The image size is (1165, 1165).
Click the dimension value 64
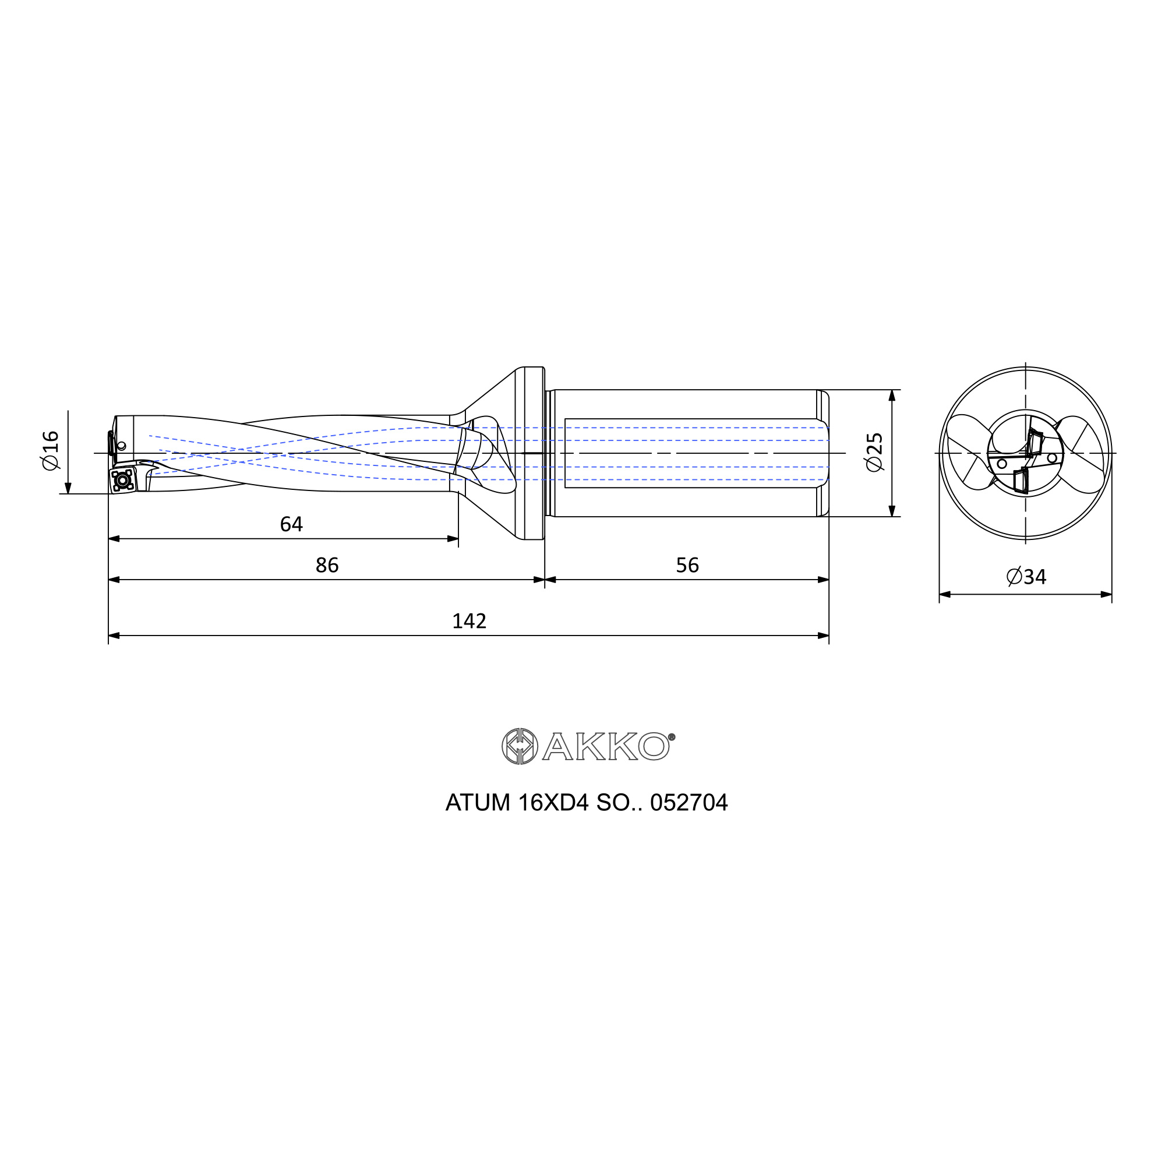pos(291,524)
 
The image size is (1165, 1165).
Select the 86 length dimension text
pos(327,565)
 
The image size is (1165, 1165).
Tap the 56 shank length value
pos(687,565)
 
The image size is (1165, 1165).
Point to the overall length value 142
pos(469,621)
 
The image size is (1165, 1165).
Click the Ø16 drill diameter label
pos(51,450)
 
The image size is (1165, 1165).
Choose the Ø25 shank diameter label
pos(874,452)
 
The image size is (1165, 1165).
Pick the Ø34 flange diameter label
pos(1026,577)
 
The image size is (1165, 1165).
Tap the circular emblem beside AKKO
pos(519,746)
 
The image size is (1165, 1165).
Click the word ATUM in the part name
pos(478,803)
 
